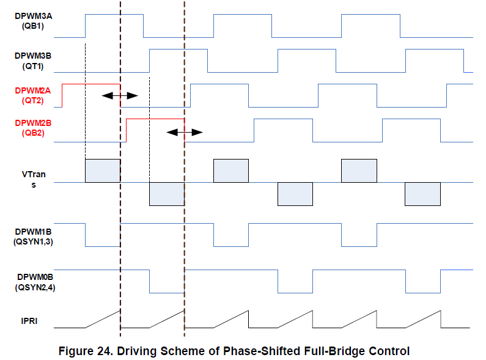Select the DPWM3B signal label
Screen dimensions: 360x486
(x=33, y=55)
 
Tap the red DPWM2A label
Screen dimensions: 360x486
(x=33, y=90)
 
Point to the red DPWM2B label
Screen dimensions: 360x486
(x=33, y=123)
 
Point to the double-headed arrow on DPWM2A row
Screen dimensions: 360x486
(x=120, y=95)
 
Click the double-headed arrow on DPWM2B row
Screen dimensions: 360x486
(x=184, y=131)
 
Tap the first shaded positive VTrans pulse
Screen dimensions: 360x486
(x=103, y=171)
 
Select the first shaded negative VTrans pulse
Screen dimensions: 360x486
(x=167, y=194)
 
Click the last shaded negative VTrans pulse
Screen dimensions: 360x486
(x=422, y=194)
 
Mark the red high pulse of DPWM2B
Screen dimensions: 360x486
(x=155, y=119)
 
